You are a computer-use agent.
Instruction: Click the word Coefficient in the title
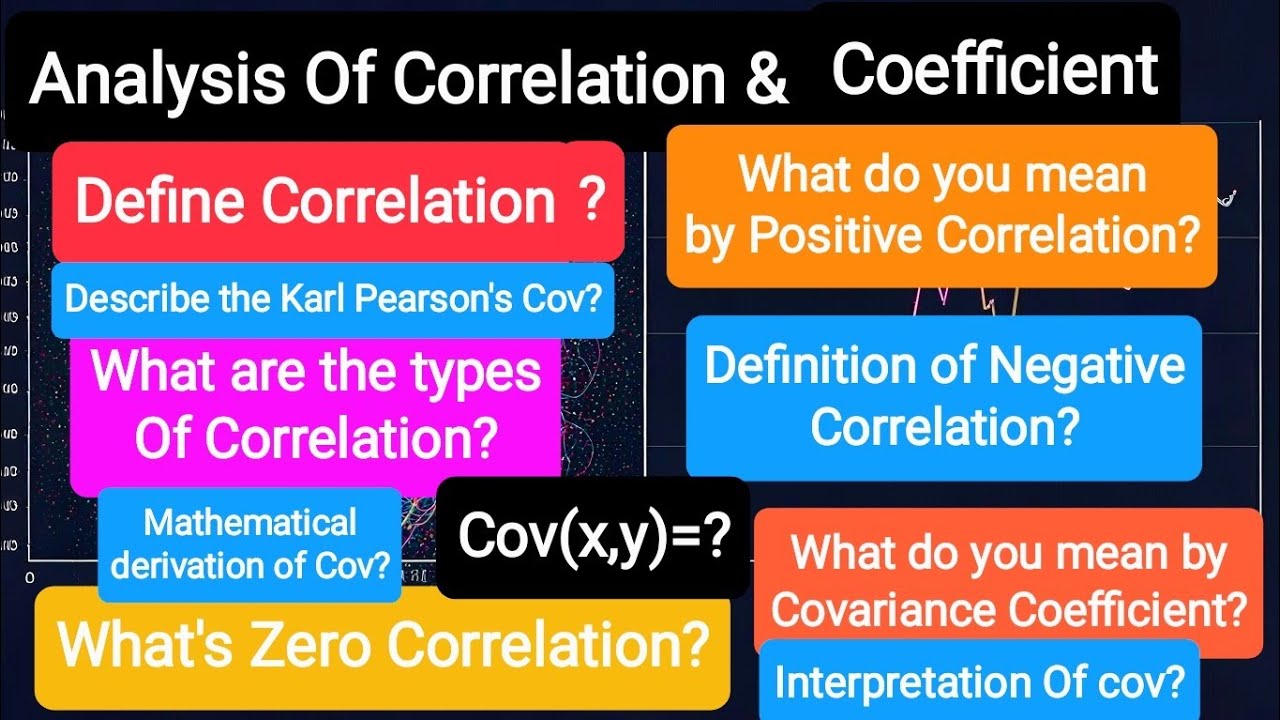[995, 69]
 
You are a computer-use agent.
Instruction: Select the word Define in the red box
[158, 201]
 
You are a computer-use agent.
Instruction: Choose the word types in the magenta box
[469, 373]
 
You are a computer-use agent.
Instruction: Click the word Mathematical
[250, 522]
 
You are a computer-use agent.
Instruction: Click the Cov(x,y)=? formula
[592, 537]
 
